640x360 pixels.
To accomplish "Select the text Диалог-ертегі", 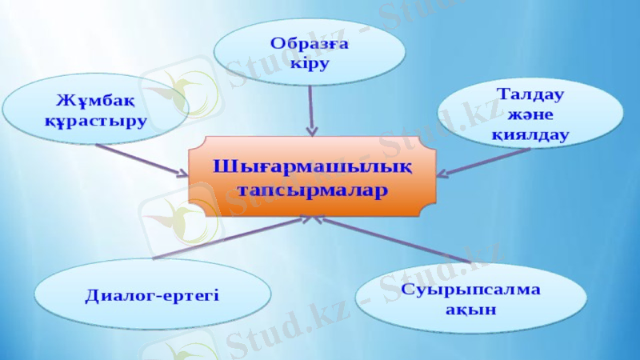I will pyautogui.click(x=152, y=295).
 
